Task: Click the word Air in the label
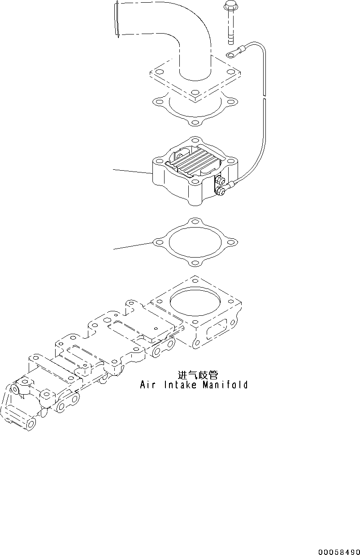tap(147, 385)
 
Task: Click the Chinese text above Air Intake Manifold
tap(198, 374)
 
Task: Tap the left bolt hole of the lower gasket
tap(157, 242)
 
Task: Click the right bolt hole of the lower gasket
tap(232, 242)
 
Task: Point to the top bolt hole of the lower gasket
tap(195, 222)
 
